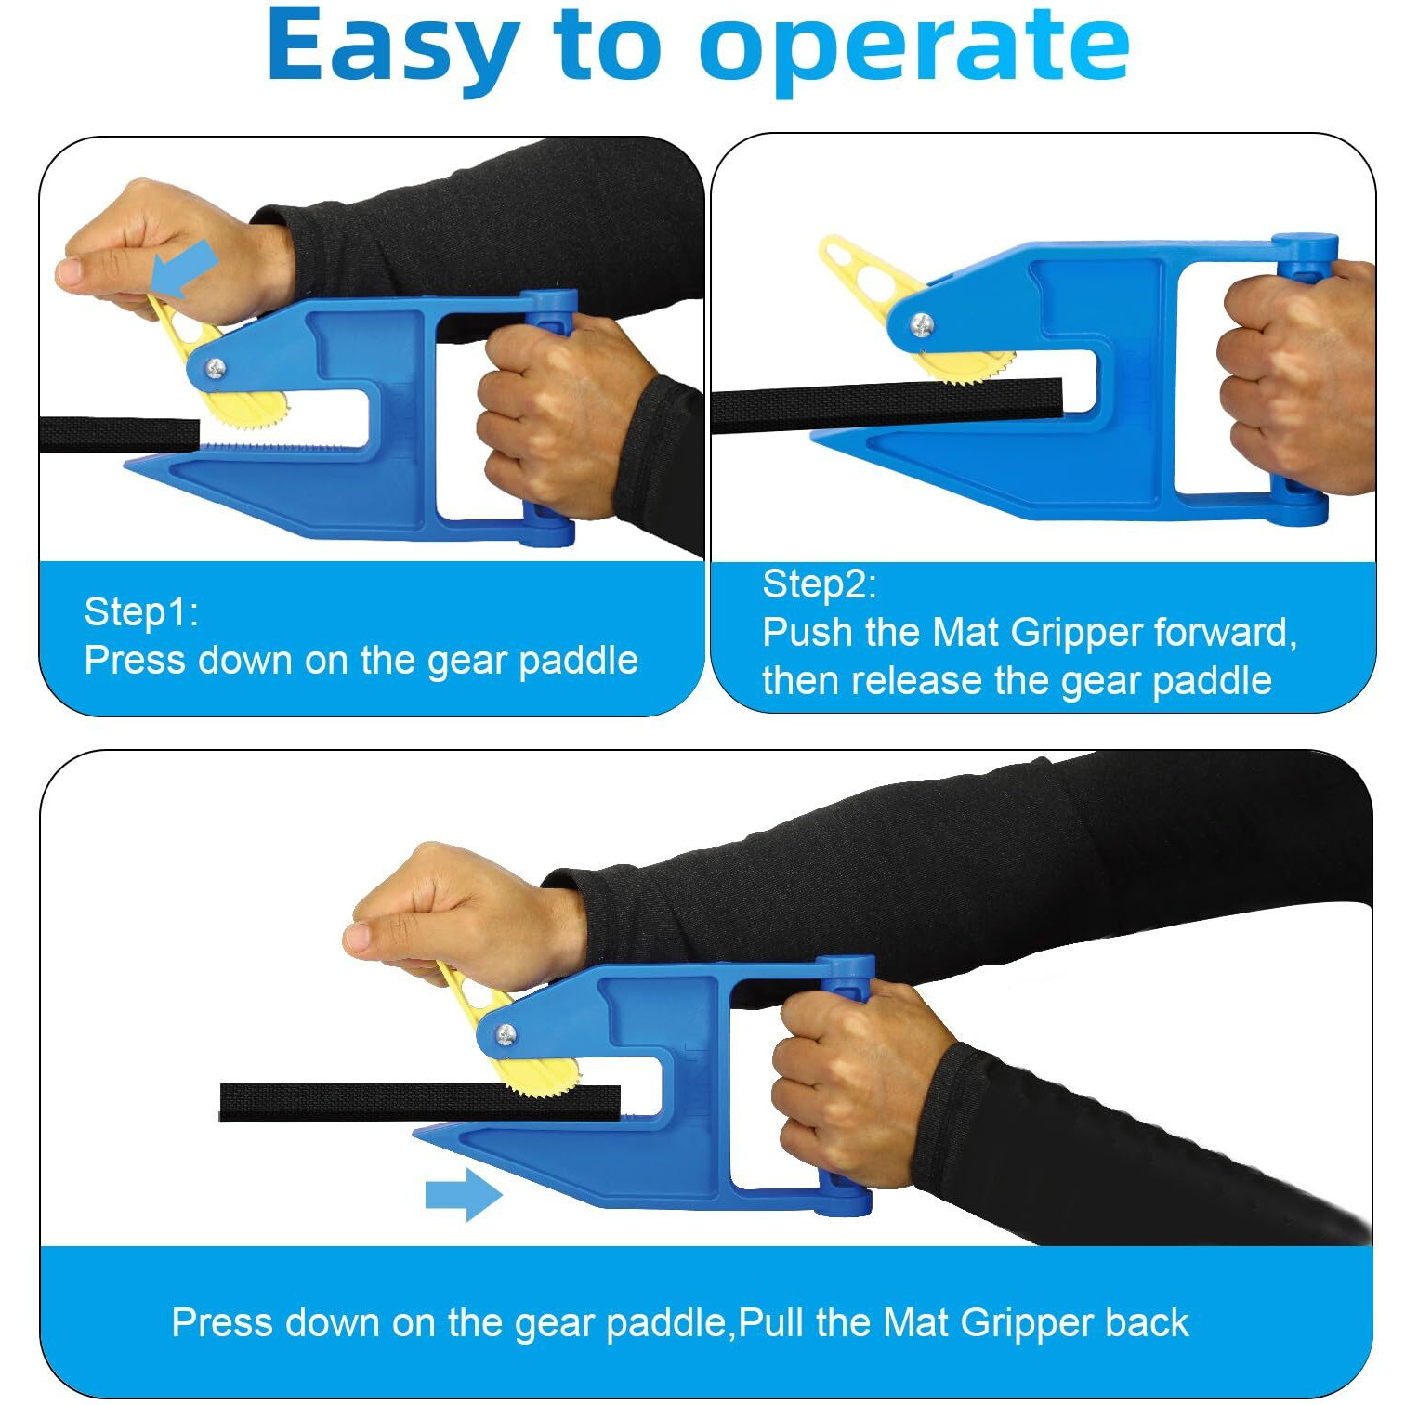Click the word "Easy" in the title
click(x=391, y=46)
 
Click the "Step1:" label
click(x=141, y=611)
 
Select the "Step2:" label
click(x=819, y=584)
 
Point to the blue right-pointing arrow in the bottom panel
click(x=464, y=1194)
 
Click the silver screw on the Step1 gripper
click(x=216, y=368)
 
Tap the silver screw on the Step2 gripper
click(x=921, y=324)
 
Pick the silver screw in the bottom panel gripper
click(x=506, y=1033)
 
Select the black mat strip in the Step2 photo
click(x=886, y=406)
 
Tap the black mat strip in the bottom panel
click(x=420, y=1102)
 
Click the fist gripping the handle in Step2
click(x=1297, y=376)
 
